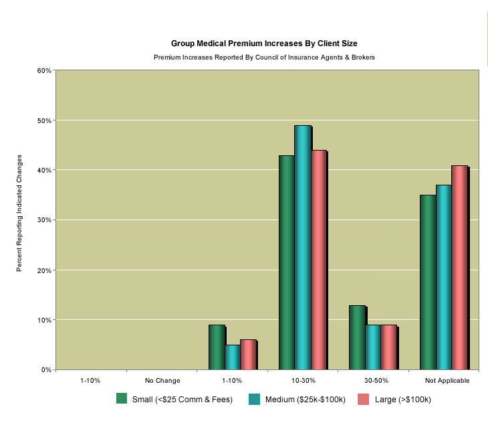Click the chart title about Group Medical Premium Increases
coord(264,44)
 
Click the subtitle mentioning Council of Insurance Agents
coord(264,58)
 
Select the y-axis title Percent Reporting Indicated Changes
coord(19,213)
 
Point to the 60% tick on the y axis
coord(44,70)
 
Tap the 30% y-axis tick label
coord(44,220)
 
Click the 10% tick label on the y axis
coord(44,320)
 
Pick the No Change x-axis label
coord(162,380)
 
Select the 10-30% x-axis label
coord(303,380)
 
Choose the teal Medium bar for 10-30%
coord(303,248)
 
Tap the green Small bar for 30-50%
coord(357,337)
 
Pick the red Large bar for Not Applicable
coord(460,268)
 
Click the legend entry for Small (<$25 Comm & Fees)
coord(174,400)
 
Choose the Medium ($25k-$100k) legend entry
coord(297,400)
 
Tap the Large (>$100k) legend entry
coord(394,400)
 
